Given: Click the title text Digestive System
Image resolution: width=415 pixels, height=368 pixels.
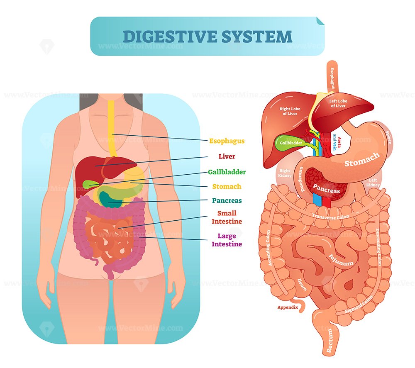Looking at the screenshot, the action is pos(207,36).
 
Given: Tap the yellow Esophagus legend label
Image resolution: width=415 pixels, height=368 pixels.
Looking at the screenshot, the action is pos(227,141).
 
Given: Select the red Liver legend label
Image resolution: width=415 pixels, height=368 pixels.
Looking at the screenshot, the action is pos(227,156).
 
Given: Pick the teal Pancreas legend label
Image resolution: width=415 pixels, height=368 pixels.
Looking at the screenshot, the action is pos(227,200).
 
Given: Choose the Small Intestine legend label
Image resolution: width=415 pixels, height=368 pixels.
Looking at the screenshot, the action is pos(227,217).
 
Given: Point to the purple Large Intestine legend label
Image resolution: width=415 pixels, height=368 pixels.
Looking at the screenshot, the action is pos(227,240).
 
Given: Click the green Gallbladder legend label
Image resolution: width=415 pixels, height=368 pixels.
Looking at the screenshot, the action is pos(227,172).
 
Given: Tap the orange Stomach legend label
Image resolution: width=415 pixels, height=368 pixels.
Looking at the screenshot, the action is pos(227,187).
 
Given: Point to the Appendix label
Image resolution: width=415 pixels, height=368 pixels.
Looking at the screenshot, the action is pos(288,307).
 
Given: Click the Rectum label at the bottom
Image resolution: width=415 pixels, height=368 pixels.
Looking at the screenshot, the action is pos(330,341).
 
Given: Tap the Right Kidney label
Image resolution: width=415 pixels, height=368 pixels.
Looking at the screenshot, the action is pos(285,173).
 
